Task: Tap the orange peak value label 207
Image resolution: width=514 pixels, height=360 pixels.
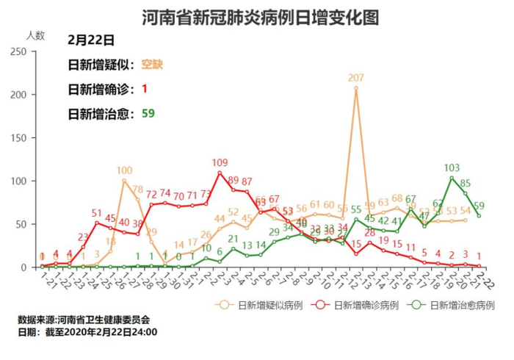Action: [x=356, y=79]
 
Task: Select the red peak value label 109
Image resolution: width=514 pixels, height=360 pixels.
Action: [x=220, y=162]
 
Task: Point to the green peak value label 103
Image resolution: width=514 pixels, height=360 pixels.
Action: [x=452, y=168]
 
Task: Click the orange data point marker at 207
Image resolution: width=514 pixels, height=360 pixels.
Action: [x=356, y=88]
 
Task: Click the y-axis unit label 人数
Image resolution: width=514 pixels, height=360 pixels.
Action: [x=35, y=35]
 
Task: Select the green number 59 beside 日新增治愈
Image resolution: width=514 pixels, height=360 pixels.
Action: [x=148, y=113]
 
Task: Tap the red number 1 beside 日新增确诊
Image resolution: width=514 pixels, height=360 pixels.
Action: [x=145, y=89]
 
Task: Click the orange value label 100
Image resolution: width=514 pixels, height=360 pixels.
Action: [x=124, y=170]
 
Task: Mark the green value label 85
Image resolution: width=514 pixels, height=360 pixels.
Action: [x=466, y=183]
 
